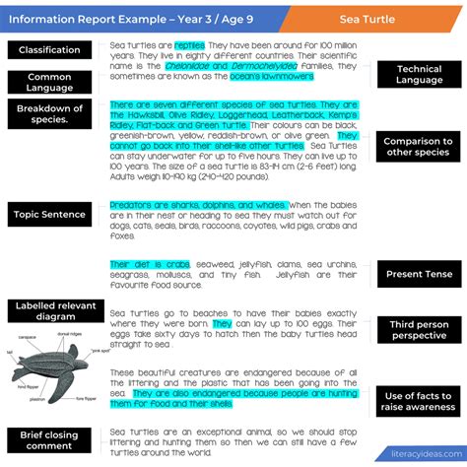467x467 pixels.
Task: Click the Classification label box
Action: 49,50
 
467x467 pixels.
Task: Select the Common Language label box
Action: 49,83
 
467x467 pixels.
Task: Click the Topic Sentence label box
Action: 49,213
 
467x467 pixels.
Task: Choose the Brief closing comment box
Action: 49,438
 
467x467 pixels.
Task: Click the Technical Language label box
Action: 419,75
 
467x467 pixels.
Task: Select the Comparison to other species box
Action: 419,148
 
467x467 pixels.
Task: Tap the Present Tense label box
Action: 419,275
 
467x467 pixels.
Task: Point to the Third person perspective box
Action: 419,330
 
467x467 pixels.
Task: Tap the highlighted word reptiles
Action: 189,45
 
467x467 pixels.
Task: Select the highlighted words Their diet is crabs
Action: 150,264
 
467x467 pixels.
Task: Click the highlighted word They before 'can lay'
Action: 222,323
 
